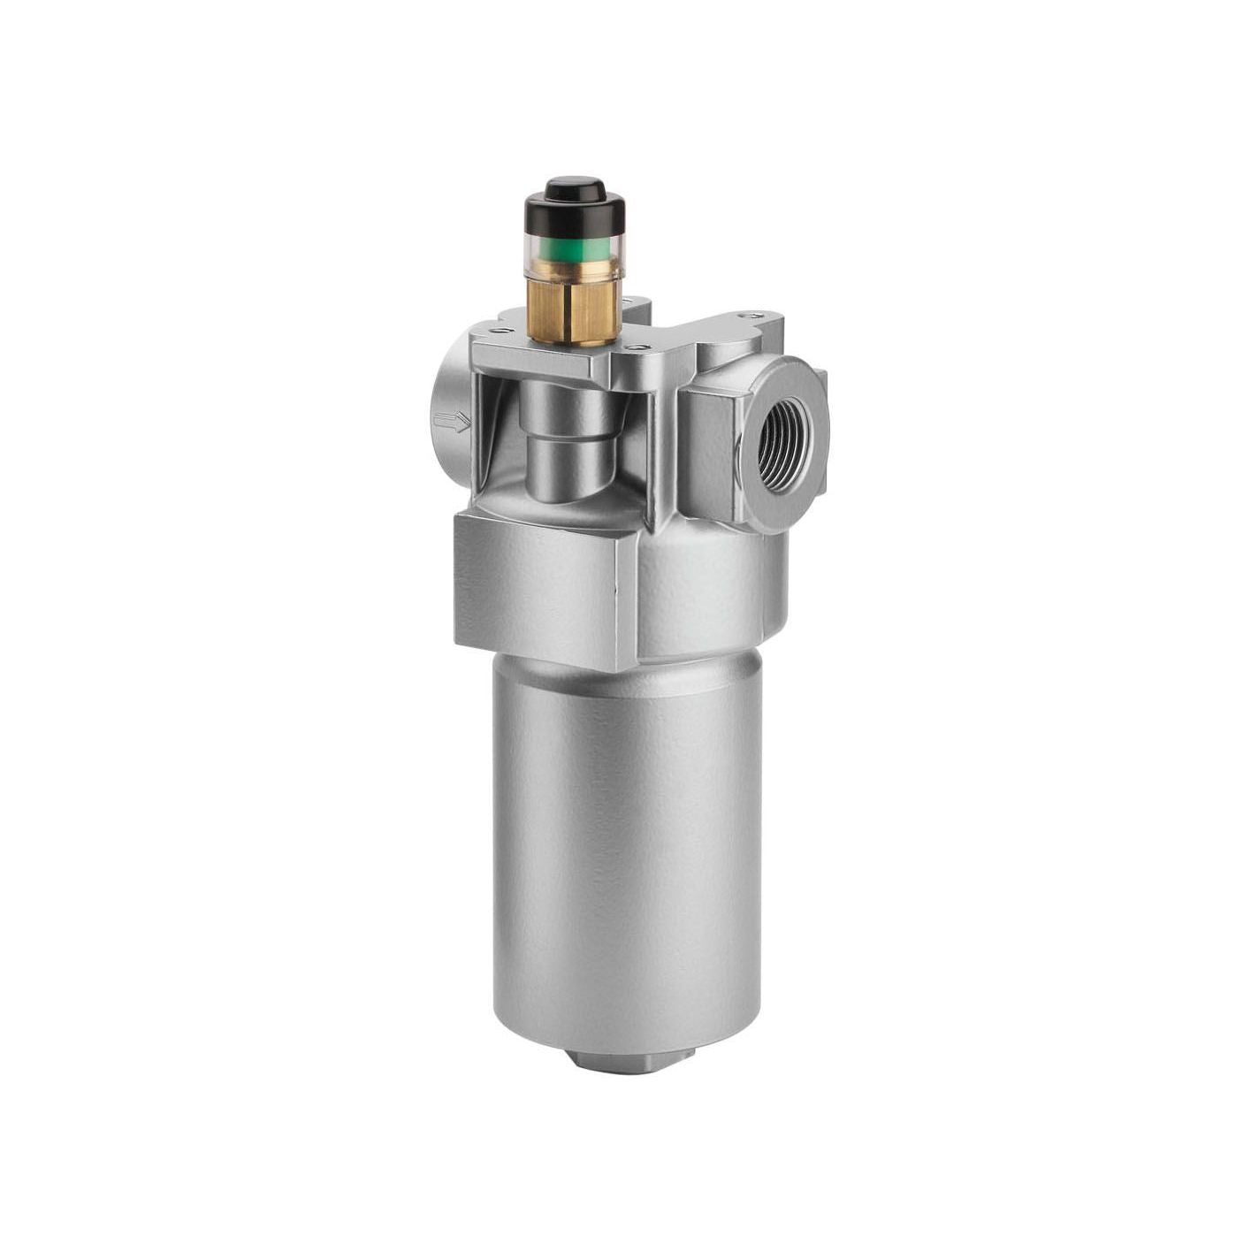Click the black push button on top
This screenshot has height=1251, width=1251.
575,188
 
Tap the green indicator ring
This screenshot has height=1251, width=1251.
575,254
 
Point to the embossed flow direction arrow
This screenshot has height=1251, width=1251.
453,423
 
